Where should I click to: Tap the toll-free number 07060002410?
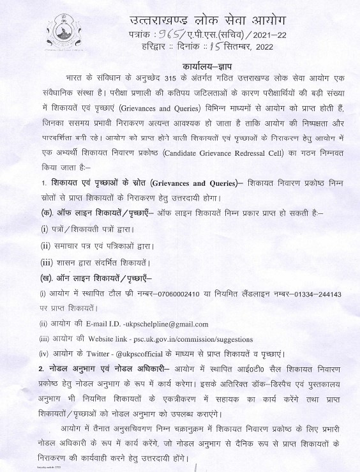tap(136, 294)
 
